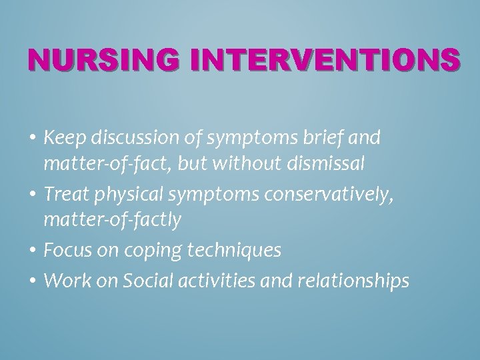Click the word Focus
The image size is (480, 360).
[64, 251]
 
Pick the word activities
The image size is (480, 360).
[211, 281]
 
